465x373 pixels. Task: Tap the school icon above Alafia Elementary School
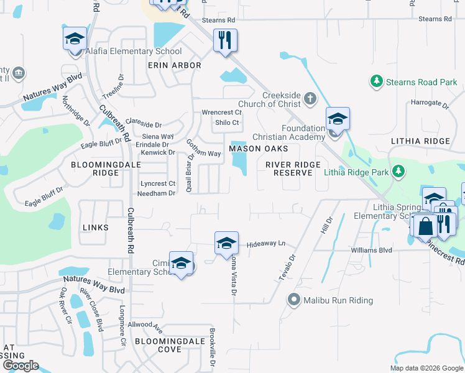pos(75,39)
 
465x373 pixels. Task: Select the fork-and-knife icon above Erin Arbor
pos(224,41)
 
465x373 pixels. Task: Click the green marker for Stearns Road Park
pos(376,81)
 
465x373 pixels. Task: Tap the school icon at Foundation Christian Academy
pos(338,119)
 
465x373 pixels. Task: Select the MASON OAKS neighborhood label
pos(259,149)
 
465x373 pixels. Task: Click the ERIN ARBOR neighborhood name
pos(174,65)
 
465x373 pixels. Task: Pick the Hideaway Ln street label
pos(266,244)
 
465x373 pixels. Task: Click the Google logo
pos(20,366)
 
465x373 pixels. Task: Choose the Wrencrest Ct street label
pos(221,113)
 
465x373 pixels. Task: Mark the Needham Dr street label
pos(158,193)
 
